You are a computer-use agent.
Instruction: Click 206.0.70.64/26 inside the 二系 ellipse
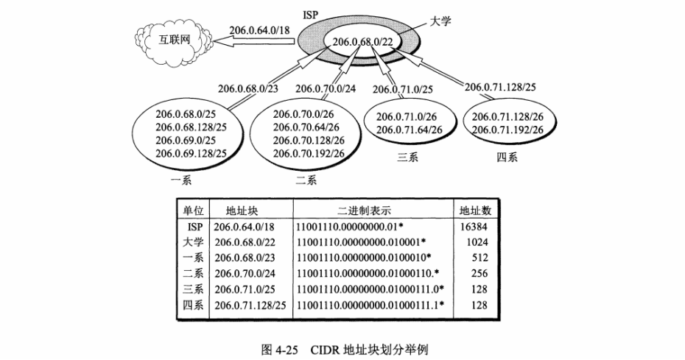click(308, 127)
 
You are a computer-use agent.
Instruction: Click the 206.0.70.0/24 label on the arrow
click(327, 88)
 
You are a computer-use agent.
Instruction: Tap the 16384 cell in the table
click(474, 227)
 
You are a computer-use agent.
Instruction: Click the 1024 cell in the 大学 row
click(477, 243)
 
